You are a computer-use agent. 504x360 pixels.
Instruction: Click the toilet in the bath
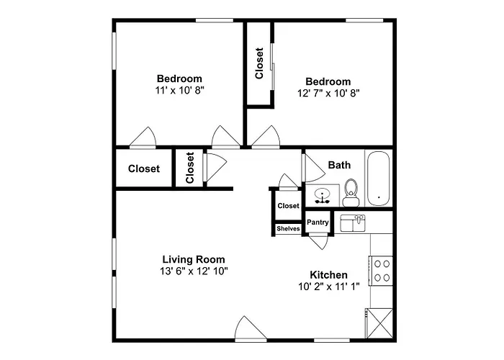click(x=351, y=192)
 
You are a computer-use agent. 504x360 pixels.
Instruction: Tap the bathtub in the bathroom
click(x=379, y=179)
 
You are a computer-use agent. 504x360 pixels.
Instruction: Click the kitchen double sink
click(x=353, y=223)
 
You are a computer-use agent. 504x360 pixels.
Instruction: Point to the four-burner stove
click(x=381, y=271)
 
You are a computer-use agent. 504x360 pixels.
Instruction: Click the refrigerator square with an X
click(x=379, y=323)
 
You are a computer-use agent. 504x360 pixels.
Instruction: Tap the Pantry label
click(x=318, y=222)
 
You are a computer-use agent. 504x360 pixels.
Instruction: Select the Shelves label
click(x=288, y=228)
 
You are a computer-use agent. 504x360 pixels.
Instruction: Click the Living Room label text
click(x=194, y=259)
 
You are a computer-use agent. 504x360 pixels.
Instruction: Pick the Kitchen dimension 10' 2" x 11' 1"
click(x=329, y=287)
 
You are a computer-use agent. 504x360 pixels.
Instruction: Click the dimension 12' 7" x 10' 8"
click(x=328, y=93)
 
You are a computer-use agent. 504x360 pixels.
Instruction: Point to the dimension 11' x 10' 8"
click(x=180, y=90)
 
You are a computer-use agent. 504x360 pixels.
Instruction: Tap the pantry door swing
click(x=318, y=243)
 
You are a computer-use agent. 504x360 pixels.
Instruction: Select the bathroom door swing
click(x=313, y=168)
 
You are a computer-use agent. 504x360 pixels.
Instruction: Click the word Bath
click(x=339, y=165)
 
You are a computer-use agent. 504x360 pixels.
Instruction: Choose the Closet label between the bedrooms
click(x=259, y=63)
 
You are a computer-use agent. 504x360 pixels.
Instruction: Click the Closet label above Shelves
click(x=288, y=206)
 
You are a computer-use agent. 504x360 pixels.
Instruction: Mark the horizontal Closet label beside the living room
click(x=144, y=168)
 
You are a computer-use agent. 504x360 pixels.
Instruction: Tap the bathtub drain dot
click(x=379, y=197)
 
